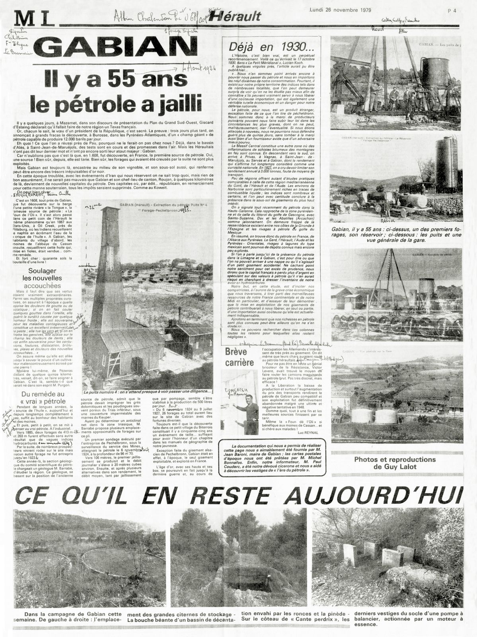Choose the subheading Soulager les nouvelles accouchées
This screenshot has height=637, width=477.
[x=42, y=278]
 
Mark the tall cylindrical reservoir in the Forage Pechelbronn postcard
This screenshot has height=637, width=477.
[x=446, y=163]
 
